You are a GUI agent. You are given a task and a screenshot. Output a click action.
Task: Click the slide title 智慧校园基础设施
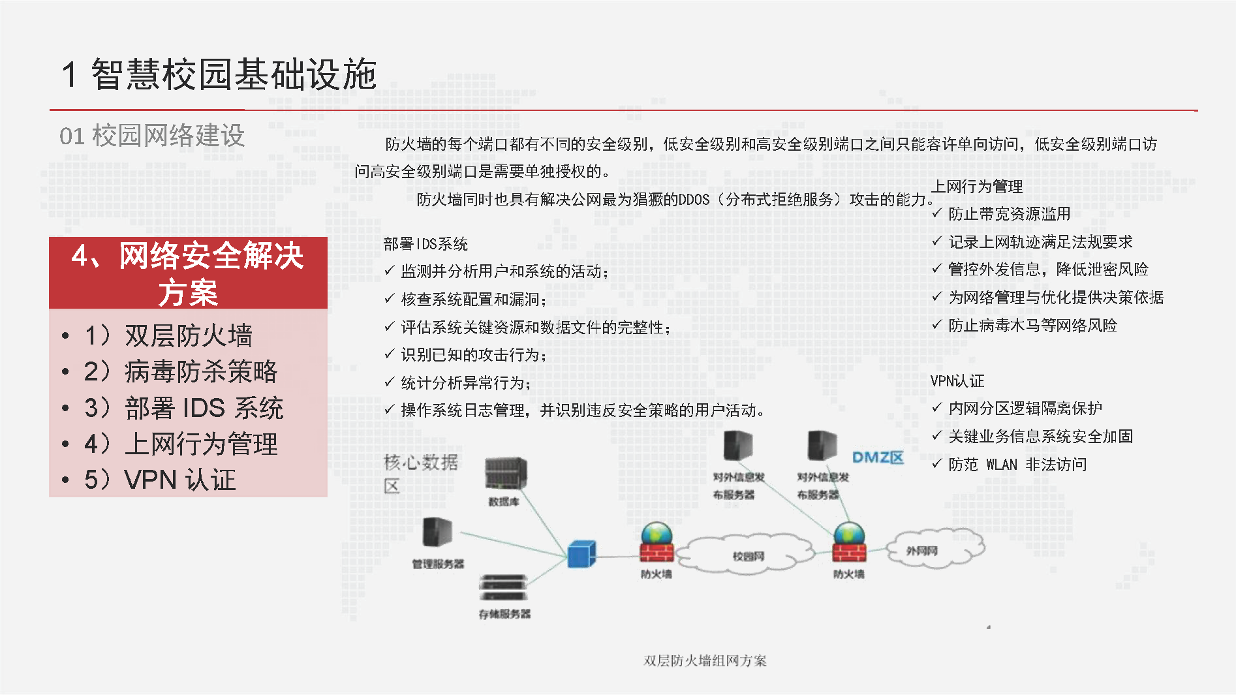click(219, 74)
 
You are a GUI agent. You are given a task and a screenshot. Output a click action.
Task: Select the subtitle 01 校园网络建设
click(152, 136)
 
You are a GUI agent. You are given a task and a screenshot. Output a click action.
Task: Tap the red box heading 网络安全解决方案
click(188, 273)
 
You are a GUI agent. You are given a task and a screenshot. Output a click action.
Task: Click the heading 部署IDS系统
click(425, 244)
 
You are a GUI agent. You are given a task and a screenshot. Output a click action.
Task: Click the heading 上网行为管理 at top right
click(977, 187)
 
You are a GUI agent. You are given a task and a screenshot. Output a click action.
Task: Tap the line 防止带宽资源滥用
click(1009, 214)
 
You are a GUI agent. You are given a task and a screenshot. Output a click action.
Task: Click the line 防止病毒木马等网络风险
click(1032, 325)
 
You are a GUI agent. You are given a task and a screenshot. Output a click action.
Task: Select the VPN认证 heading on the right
click(957, 381)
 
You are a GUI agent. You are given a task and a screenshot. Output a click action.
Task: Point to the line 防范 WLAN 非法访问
click(1017, 465)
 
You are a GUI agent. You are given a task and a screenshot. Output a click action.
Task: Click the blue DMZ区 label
click(878, 457)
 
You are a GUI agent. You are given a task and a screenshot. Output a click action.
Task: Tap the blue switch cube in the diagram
click(581, 554)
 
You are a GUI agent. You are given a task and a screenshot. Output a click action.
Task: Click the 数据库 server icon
click(506, 473)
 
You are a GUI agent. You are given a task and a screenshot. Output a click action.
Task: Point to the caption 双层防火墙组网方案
click(705, 660)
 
